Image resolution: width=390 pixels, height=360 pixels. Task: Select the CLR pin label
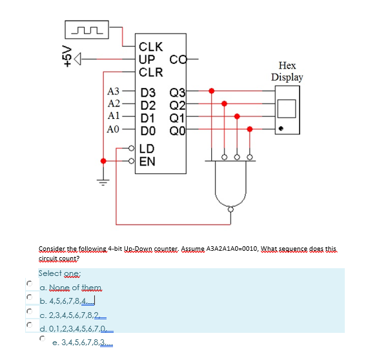tap(152, 72)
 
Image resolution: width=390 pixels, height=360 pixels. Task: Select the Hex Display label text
tap(287, 71)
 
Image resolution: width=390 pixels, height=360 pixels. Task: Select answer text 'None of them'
tap(72, 287)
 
